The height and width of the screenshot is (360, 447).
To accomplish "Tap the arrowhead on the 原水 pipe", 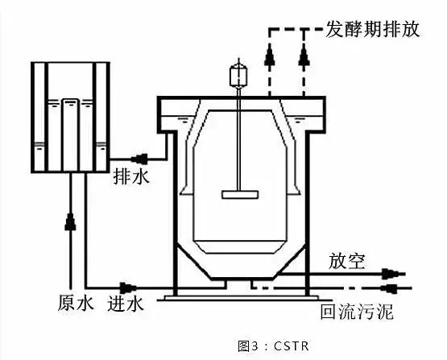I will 70,219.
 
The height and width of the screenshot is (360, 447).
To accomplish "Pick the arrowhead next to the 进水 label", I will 126,286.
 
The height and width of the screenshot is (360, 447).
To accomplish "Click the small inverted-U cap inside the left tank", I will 70,103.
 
